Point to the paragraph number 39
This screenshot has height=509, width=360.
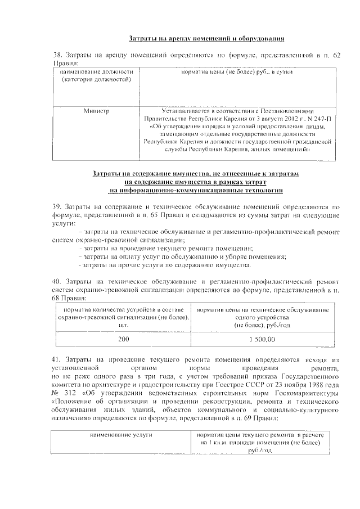[56, 207]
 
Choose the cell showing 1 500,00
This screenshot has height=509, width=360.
[262, 339]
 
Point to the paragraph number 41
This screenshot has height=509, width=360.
[56, 359]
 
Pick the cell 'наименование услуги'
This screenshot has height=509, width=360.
[121, 435]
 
